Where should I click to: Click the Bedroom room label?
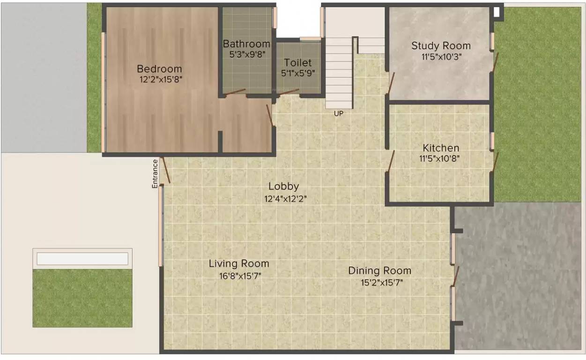point(159,69)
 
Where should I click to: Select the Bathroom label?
point(246,44)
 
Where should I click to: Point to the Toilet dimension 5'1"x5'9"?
point(297,73)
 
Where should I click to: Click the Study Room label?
point(441,45)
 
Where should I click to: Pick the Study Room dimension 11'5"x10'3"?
point(441,57)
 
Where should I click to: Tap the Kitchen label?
point(441,148)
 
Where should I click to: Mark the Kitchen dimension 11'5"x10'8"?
point(439,158)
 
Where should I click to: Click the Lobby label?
point(283,186)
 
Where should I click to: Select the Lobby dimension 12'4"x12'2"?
point(285,199)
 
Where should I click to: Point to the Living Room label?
point(239,263)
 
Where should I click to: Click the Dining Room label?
point(379,270)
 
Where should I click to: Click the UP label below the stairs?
point(338,113)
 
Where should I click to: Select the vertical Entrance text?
point(155,174)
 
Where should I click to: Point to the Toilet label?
point(297,63)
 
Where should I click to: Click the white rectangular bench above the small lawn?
point(82,259)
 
